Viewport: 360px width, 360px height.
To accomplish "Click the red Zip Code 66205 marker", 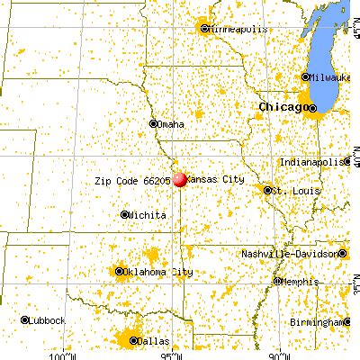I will pos(179,180).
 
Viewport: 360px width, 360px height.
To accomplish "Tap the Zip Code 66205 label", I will pos(132,180).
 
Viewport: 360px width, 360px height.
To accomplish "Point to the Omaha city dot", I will pos(152,124).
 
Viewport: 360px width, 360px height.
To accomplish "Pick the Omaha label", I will pos(171,124).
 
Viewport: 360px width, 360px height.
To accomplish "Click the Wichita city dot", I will pos(124,214).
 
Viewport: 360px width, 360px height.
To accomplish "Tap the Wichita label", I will pos(146,215).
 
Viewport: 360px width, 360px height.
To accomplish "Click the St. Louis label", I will pos(292,191).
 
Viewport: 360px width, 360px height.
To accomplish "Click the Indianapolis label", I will pos(310,161).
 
